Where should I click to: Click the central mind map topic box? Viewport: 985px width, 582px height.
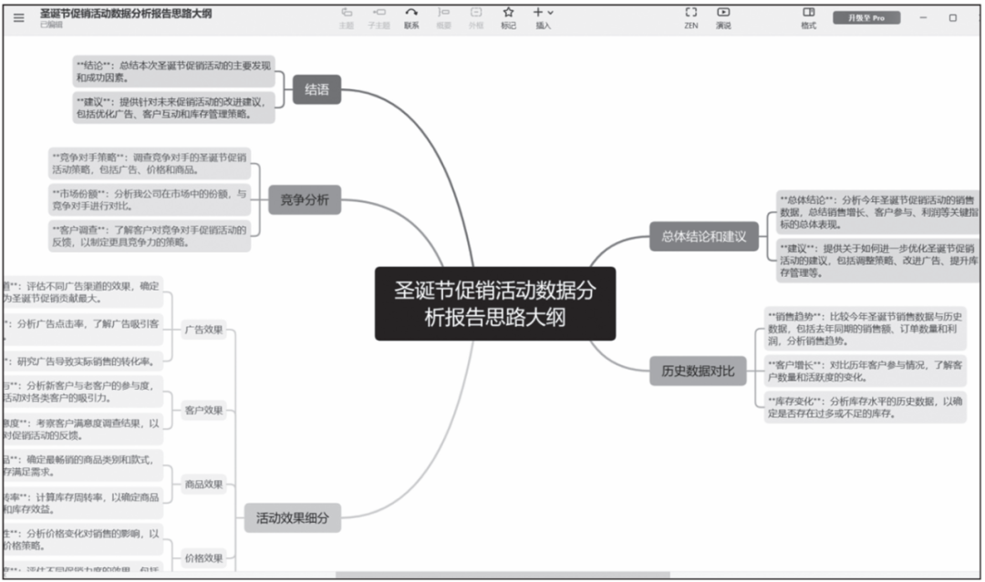pyautogui.click(x=495, y=303)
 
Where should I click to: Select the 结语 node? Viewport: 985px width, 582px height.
pyautogui.click(x=316, y=89)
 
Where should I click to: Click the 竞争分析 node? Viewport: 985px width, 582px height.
pyautogui.click(x=305, y=199)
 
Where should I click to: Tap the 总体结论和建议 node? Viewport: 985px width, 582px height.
pyautogui.click(x=703, y=237)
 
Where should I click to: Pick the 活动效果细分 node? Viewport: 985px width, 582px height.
pyautogui.click(x=292, y=519)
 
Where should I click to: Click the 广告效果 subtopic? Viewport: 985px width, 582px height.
pyautogui.click(x=202, y=330)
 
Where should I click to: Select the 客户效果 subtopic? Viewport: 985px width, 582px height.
pyautogui.click(x=202, y=410)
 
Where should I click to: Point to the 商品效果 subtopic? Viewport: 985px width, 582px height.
pyautogui.click(x=202, y=484)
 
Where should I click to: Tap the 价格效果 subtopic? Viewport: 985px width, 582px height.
pyautogui.click(x=202, y=557)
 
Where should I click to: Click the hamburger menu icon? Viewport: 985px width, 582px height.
pyautogui.click(x=19, y=17)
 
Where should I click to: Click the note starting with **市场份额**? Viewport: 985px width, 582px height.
pyautogui.click(x=150, y=199)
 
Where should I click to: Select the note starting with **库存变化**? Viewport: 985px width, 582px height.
pyautogui.click(x=863, y=406)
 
